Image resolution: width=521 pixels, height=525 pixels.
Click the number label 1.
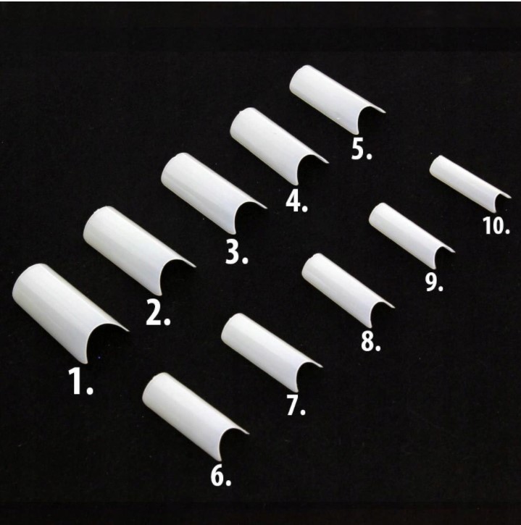[x=80, y=381]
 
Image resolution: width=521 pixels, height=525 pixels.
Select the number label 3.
[x=236, y=252]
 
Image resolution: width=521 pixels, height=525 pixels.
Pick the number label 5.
[x=362, y=149]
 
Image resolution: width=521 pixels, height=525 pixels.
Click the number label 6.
[x=221, y=476]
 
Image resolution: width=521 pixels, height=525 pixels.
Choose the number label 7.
[x=296, y=406]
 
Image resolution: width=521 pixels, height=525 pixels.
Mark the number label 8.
[x=371, y=342]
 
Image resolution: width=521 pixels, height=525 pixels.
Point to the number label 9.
[x=434, y=282]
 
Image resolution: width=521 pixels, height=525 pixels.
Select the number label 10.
[x=496, y=225]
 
